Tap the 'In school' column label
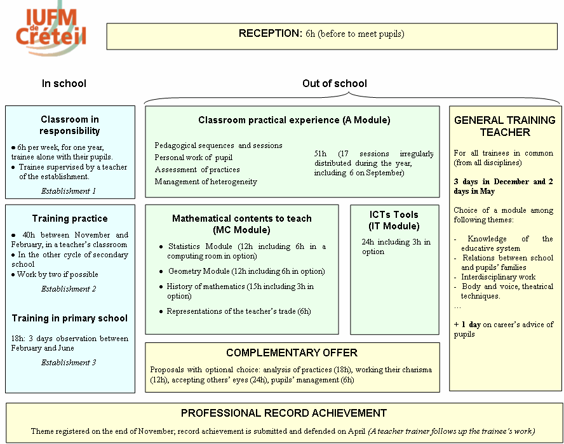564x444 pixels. [64, 83]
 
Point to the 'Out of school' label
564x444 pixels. [334, 83]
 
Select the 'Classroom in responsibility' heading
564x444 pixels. [70, 125]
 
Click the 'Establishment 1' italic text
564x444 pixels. [69, 191]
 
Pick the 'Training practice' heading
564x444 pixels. [70, 219]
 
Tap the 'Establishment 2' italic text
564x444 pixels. [69, 289]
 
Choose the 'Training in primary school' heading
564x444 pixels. [70, 318]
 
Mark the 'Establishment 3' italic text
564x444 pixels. [69, 363]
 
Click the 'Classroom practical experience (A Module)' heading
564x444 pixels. [294, 120]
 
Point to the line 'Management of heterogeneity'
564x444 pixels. [206, 182]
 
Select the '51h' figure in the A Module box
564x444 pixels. [320, 154]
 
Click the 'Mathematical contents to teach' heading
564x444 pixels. [242, 219]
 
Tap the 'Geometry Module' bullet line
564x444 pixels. [246, 271]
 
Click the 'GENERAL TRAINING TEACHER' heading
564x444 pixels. [505, 126]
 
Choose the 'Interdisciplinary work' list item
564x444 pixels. [499, 277]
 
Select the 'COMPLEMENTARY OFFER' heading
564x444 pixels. [292, 353]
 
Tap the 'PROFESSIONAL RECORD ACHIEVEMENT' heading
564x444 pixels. [284, 413]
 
